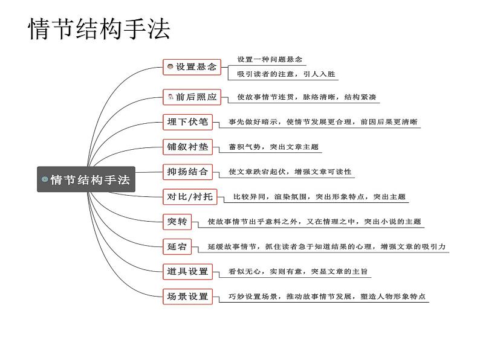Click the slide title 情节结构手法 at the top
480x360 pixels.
(99, 29)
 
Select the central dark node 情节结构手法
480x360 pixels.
(86, 179)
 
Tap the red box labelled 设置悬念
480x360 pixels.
(192, 67)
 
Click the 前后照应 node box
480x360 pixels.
(192, 97)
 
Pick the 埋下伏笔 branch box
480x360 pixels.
(187, 122)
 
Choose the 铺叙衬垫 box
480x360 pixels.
(187, 147)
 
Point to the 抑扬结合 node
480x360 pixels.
(187, 172)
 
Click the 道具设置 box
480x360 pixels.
(187, 272)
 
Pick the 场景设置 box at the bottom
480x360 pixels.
(187, 297)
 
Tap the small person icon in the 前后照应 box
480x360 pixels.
(170, 97)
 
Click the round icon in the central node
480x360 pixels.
(45, 179)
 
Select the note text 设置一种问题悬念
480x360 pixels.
(269, 60)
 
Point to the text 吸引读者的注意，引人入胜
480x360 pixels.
(283, 75)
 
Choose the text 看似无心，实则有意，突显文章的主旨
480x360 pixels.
(297, 272)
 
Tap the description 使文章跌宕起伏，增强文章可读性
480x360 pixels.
(290, 172)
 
